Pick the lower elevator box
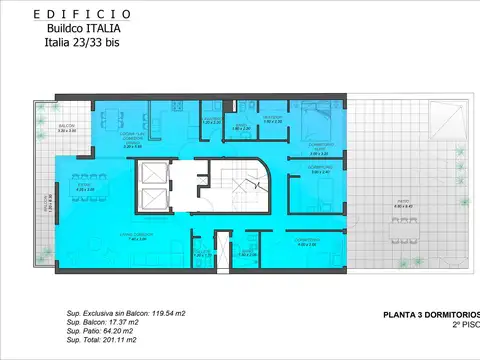point(155,198)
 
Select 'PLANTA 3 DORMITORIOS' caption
point(432,315)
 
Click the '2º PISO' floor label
point(462,326)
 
